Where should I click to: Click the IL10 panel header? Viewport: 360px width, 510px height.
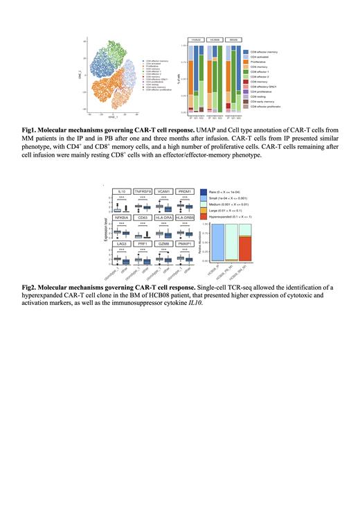122,190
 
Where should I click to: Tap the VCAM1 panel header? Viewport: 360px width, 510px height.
164,190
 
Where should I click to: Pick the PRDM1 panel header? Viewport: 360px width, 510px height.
185,190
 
